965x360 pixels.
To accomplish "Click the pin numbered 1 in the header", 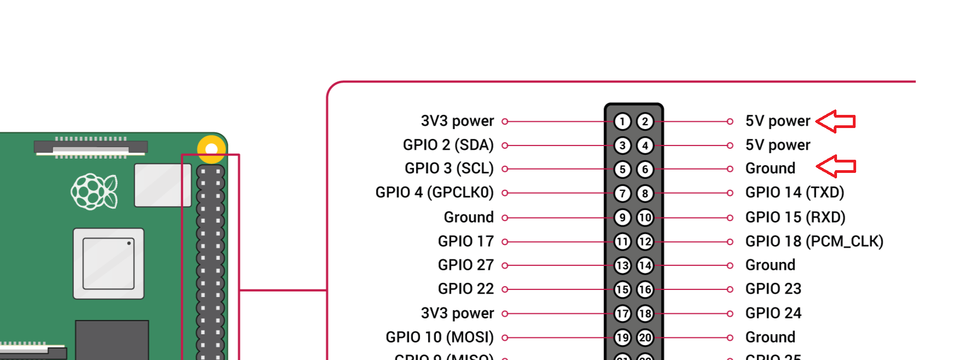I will tap(622, 121).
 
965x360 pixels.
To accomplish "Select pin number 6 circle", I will tap(645, 170).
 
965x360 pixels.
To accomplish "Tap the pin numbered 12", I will tap(645, 241).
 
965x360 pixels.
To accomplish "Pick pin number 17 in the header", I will tap(622, 313).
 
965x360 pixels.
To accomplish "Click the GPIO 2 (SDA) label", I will tap(448, 145).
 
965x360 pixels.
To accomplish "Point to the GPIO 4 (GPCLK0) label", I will tap(434, 193).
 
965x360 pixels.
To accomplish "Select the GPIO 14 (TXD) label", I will tap(794, 193).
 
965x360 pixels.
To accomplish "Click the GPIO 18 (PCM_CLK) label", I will tap(814, 241).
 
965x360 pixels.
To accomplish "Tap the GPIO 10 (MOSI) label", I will tap(439, 337).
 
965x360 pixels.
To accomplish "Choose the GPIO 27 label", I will tap(466, 265).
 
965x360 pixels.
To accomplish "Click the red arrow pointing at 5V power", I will tap(835, 121).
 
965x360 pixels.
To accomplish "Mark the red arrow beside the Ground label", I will tap(836, 166).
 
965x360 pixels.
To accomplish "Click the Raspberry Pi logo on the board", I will tap(94, 191).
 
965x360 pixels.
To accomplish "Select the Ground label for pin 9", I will tap(468, 217).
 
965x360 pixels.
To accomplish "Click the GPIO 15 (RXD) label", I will tap(795, 217).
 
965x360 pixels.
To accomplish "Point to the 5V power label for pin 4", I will tap(777, 145).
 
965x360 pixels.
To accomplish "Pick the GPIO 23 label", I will tap(773, 289).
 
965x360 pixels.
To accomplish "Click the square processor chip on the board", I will tap(108, 264).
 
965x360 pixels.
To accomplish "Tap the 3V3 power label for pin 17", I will tap(457, 313).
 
